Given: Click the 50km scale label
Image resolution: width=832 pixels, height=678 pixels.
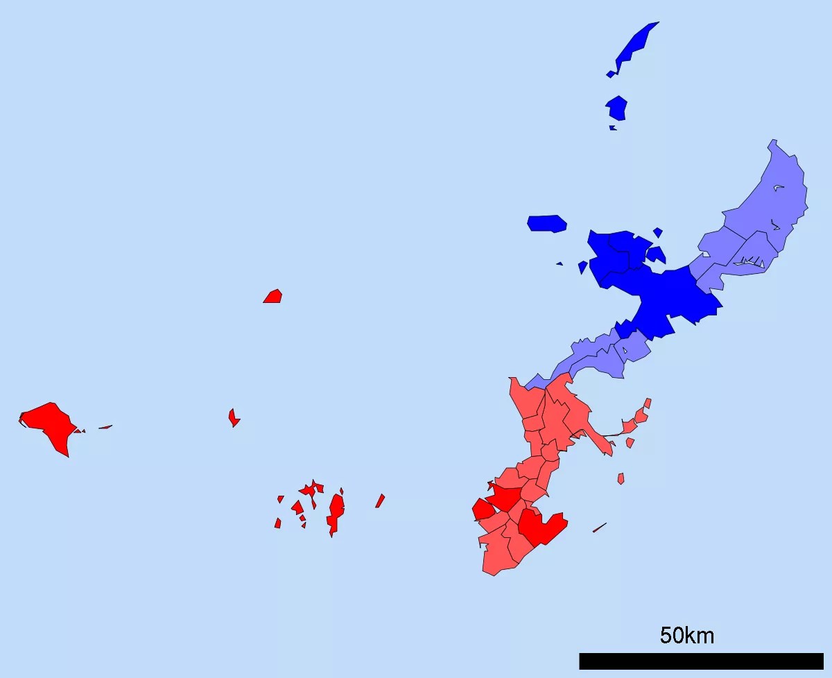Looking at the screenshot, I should point(686,635).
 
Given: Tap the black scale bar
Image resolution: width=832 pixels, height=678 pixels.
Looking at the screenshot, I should point(700,661).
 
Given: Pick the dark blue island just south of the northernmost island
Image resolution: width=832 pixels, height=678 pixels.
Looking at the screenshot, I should point(616,108).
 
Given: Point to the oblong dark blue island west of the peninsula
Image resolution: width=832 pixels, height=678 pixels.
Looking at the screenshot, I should point(547,223).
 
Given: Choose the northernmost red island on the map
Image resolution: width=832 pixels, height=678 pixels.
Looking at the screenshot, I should point(273,297).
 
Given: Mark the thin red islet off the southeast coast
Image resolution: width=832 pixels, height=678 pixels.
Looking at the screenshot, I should point(600,528).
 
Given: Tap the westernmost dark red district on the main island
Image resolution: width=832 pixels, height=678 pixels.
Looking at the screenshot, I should point(482,510).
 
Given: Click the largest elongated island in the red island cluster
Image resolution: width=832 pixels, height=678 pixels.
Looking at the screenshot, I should point(336,513).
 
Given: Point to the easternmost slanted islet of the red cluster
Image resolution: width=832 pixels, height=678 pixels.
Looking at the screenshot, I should point(380,501).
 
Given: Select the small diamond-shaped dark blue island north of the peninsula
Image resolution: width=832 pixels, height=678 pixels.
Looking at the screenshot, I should point(657,232).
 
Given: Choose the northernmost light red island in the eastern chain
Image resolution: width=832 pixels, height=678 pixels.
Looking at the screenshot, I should point(648,403).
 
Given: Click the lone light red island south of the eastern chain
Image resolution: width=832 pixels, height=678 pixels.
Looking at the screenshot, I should point(621,478).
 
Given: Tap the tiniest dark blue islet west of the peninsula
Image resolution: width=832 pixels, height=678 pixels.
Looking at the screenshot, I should point(560,263).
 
